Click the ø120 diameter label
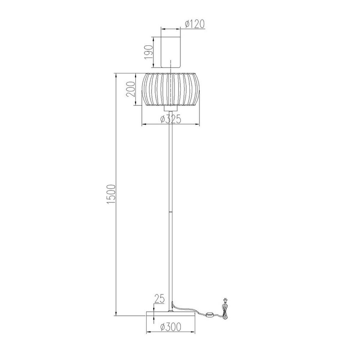195,24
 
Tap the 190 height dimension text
149,52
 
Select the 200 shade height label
130,89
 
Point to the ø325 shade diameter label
171,119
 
